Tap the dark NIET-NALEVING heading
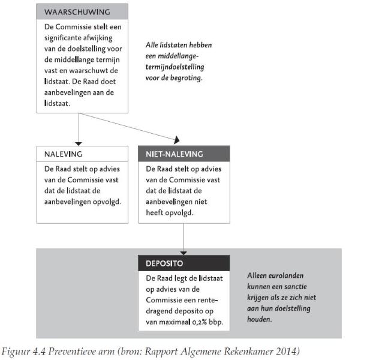(x=175, y=154)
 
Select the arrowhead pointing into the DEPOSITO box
(x=184, y=252)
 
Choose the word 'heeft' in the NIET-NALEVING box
(x=156, y=212)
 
